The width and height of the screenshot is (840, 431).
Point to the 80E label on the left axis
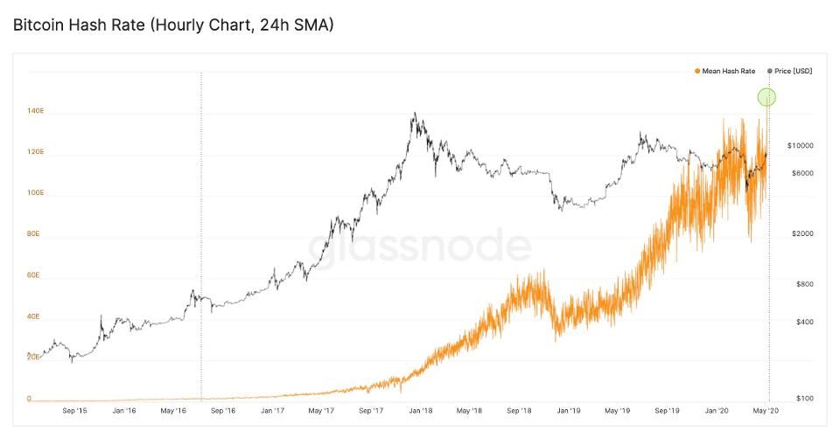[33, 233]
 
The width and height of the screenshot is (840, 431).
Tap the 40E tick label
[33, 316]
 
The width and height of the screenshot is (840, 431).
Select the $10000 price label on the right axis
[801, 144]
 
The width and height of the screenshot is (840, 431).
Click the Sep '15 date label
[75, 409]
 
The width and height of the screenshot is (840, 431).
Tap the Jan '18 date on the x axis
[421, 409]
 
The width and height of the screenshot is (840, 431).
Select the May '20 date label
[766, 409]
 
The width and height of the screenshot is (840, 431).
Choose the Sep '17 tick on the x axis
[371, 409]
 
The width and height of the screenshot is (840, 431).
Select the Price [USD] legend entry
[793, 71]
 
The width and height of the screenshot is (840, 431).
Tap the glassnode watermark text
[419, 247]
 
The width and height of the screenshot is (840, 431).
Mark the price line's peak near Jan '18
[415, 114]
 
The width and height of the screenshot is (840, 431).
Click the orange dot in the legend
[697, 71]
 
